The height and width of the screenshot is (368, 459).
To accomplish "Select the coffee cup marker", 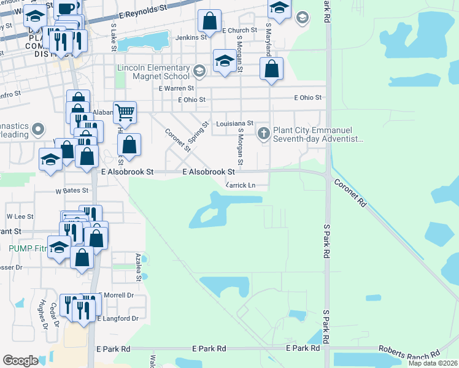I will (x=66, y=9).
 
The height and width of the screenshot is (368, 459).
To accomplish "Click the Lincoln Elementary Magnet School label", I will (x=152, y=72).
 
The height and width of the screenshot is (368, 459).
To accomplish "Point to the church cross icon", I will (x=264, y=133).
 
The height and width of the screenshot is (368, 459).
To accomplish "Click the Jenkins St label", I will (x=191, y=37).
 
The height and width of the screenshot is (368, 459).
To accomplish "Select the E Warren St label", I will (x=176, y=88).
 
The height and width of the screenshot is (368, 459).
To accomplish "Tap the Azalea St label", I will (x=139, y=267).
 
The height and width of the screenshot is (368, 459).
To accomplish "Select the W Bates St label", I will (x=72, y=191).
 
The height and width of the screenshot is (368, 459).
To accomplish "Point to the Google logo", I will (x=21, y=360).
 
